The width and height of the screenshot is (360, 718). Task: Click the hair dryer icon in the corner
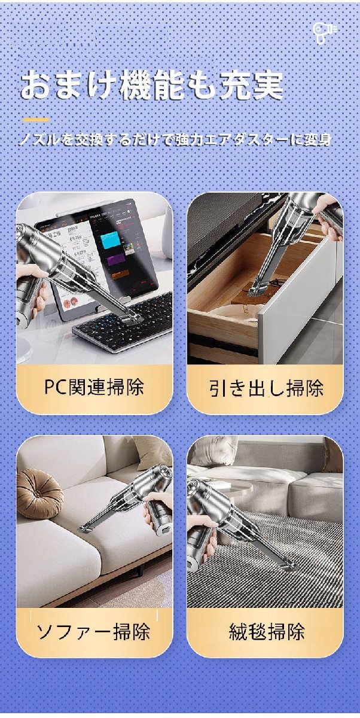325,33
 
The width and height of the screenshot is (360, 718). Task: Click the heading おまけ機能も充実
152,86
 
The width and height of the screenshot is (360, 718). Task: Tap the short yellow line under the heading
36,120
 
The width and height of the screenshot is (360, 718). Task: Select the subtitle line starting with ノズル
175,141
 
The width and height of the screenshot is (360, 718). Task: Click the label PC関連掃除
94,387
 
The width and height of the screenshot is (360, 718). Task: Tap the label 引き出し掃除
266,388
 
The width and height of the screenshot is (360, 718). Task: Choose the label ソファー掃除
93,631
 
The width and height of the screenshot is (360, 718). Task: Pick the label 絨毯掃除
267,631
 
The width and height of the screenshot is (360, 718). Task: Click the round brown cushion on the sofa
39,493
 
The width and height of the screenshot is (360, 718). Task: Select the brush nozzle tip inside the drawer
258,291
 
